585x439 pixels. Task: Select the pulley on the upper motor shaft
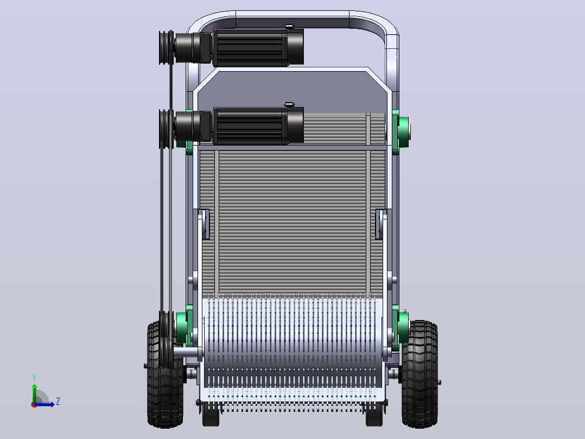(x=167, y=47)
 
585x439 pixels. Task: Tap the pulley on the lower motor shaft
(x=167, y=129)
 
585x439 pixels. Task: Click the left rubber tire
(x=165, y=374)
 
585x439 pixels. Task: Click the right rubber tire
(x=419, y=374)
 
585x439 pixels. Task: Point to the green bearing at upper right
(x=400, y=131)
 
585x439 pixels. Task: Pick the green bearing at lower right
(x=400, y=328)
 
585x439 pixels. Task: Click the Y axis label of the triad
(x=34, y=378)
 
